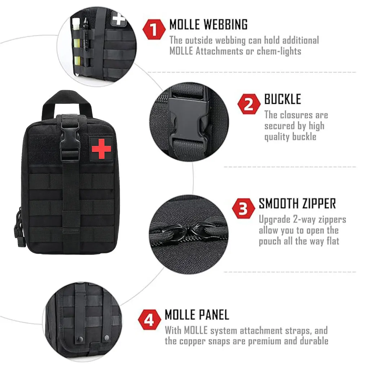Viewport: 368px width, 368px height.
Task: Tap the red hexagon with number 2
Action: point(249,104)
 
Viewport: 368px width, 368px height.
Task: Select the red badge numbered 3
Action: point(244,208)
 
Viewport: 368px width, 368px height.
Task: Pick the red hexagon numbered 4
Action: point(149,320)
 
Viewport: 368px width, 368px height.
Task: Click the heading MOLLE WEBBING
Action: point(208,25)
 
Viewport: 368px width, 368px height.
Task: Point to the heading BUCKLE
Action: point(282,99)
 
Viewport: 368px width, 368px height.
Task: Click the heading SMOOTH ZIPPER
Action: point(297,203)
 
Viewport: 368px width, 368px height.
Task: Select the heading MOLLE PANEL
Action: point(197,315)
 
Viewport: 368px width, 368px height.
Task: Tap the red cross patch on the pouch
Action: point(102,149)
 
